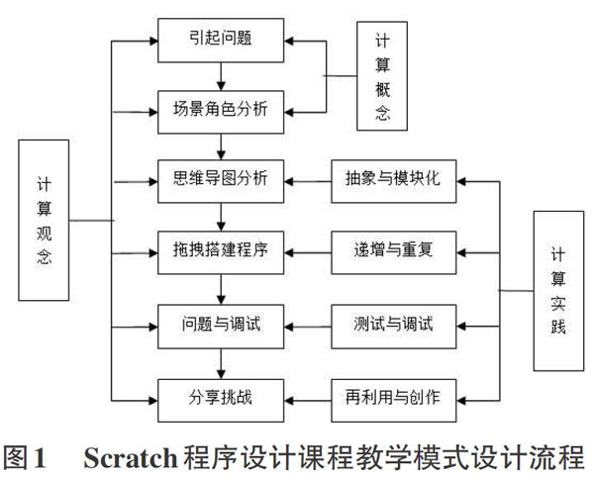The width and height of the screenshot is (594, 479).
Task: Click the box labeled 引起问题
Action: coord(221,41)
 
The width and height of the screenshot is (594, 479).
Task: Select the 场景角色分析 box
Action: coord(221,112)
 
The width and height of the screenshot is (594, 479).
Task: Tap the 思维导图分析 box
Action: coord(221,181)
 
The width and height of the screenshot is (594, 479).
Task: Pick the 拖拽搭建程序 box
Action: coord(221,252)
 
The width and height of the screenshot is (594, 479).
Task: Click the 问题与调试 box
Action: coord(221,327)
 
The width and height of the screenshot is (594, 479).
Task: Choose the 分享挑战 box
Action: coord(221,401)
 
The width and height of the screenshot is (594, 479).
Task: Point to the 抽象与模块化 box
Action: coord(394,181)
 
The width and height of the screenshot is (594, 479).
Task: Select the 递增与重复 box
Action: coord(394,252)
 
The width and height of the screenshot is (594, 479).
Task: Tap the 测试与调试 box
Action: coord(394,327)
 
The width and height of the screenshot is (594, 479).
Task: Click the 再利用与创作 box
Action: coord(394,401)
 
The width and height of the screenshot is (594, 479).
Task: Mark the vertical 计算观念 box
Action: coord(44,221)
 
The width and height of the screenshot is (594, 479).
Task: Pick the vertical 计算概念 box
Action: coord(382,76)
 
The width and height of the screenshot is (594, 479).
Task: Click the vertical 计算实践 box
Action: coord(558,291)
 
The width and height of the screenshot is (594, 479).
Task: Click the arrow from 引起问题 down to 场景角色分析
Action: coord(221,76)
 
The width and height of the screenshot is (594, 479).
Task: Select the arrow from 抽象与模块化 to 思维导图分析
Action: coord(308,182)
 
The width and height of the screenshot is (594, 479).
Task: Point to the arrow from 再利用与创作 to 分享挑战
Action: coord(308,401)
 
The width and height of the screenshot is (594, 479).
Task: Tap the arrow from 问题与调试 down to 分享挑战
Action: coord(221,364)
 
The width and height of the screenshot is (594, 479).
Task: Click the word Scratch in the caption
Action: coord(131,458)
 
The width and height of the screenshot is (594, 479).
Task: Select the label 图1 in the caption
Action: coord(25,458)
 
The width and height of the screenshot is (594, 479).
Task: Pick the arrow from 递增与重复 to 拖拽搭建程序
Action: coord(308,252)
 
